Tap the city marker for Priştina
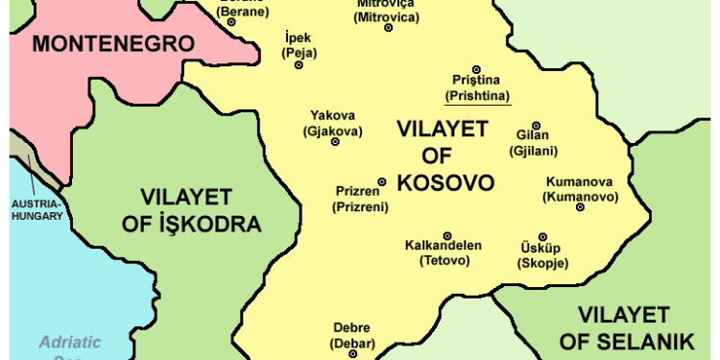(476, 68)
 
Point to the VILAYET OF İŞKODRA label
(201, 211)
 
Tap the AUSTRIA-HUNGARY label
(36, 209)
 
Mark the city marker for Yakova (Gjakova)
(335, 141)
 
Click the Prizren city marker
(382, 181)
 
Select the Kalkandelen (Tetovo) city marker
(447, 235)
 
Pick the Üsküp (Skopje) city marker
(542, 236)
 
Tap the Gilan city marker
(536, 125)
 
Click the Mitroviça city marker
(389, 28)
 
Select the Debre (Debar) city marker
(351, 353)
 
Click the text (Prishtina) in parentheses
(477, 96)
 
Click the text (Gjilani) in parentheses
(535, 151)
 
